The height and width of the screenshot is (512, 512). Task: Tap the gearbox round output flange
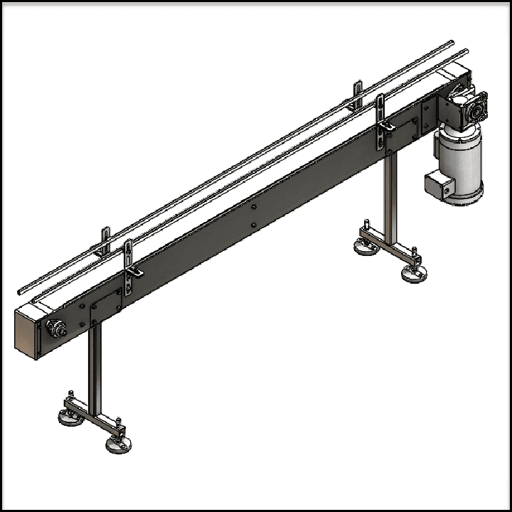pyautogui.click(x=475, y=107)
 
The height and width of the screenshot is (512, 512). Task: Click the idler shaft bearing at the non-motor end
pyautogui.click(x=55, y=329)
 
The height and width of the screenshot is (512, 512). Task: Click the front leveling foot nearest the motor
pyautogui.click(x=414, y=273)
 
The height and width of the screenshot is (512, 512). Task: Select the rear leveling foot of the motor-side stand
pyautogui.click(x=366, y=246)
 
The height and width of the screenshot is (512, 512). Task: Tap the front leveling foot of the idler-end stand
pyautogui.click(x=118, y=444)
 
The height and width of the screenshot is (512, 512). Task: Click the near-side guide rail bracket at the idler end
pyautogui.click(x=129, y=267)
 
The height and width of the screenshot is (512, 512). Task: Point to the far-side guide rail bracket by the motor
pyautogui.click(x=358, y=95)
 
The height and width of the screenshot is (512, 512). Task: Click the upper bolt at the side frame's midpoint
pyautogui.click(x=254, y=208)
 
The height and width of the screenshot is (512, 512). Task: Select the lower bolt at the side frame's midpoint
pyautogui.click(x=254, y=225)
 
